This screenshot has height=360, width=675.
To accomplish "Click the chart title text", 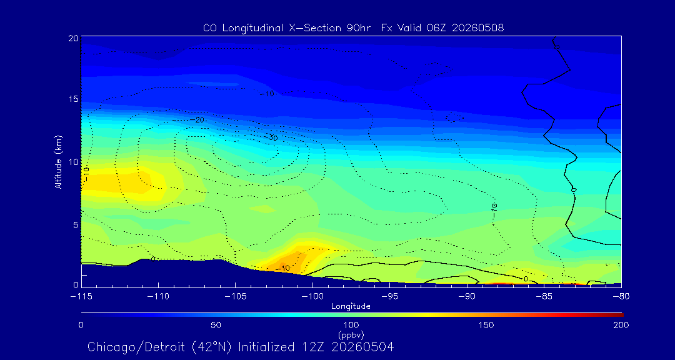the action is coord(353,28).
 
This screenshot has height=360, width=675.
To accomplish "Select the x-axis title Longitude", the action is coord(351,307).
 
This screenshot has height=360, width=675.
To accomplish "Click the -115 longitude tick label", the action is coord(81,297).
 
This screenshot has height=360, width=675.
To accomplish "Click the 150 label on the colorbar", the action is coord(486,325).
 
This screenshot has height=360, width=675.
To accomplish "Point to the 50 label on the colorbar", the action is coord(216,325).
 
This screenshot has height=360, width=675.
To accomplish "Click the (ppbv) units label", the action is coord(351,333).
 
